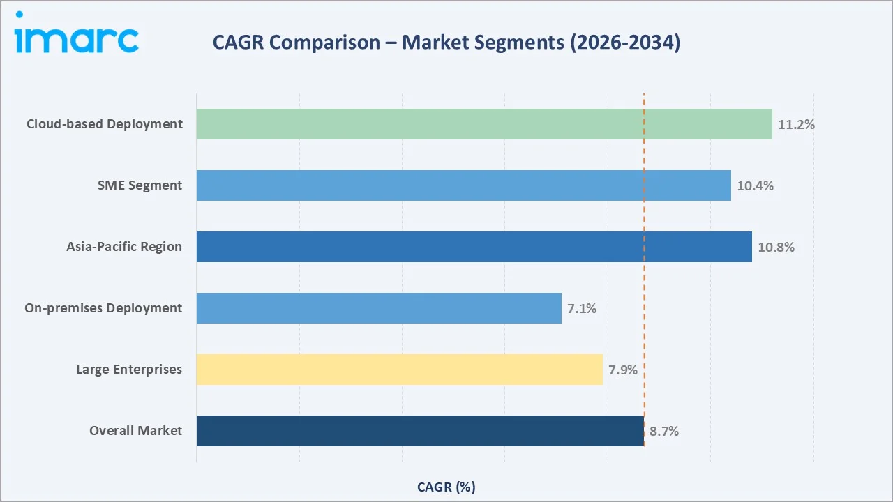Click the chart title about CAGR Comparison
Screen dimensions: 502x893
point(446,43)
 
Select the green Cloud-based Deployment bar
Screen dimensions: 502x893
point(483,124)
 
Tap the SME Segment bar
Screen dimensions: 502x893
point(463,185)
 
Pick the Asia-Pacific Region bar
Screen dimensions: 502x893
point(474,247)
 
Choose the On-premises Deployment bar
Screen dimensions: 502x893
point(379,308)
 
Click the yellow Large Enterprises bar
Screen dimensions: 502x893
point(399,370)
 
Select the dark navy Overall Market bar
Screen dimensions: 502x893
point(420,431)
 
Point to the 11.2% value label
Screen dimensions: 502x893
point(796,125)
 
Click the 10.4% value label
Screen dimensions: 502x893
point(755,186)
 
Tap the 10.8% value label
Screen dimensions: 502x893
point(776,248)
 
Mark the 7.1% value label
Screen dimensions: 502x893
point(582,309)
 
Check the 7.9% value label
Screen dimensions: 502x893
point(623,370)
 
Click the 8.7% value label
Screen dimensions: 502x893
point(664,432)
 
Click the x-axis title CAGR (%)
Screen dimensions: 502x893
point(446,487)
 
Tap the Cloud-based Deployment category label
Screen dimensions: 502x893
point(105,124)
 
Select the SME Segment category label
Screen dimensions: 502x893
point(140,185)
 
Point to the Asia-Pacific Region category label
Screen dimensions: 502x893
point(124,247)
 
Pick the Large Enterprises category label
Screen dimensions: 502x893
point(129,370)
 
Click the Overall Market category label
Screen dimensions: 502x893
point(135,431)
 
